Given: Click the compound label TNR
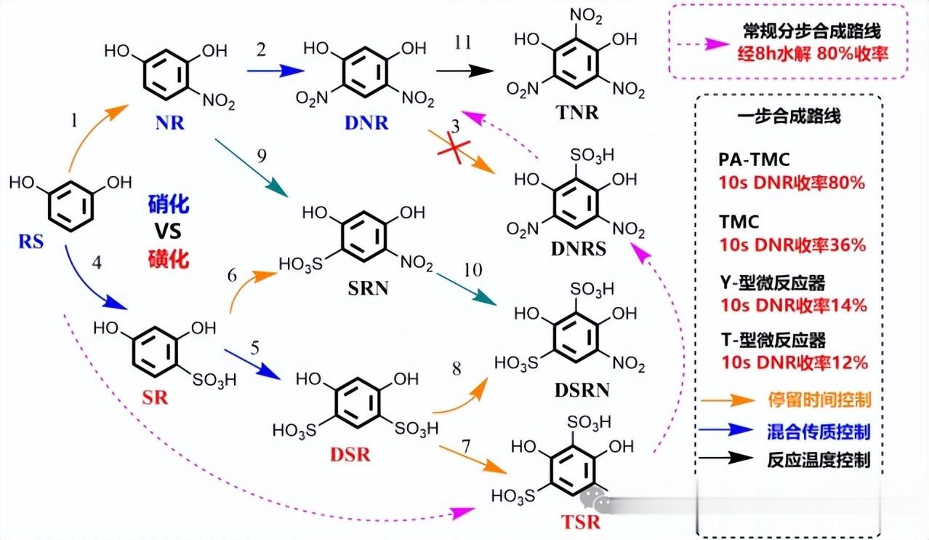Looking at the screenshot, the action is tap(578, 113).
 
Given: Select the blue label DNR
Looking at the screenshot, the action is tap(366, 123).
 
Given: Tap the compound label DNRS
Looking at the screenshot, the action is tap(579, 249).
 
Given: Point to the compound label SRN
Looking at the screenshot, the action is tap(369, 288).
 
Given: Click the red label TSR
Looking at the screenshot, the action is tap(581, 522).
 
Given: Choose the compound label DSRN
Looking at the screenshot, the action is tap(582, 390).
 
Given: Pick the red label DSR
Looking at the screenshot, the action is tap(350, 455).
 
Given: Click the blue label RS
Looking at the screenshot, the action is tap(31, 242).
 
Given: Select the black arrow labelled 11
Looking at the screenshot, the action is tap(465, 71).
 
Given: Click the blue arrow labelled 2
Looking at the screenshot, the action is tap(276, 71).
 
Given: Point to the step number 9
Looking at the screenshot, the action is tap(261, 156).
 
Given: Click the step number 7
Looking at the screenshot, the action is tap(466, 446).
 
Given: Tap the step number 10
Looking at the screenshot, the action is tap(472, 270).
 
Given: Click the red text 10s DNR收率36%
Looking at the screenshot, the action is tap(792, 245).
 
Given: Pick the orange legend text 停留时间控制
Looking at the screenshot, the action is tap(819, 400).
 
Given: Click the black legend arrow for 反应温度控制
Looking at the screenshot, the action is tap(726, 458).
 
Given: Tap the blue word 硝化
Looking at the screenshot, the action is tap(169, 205).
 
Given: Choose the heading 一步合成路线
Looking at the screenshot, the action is tap(789, 116).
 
